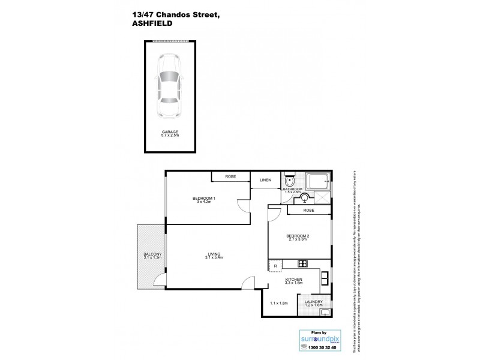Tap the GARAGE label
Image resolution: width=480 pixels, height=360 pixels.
pyautogui.click(x=169, y=131)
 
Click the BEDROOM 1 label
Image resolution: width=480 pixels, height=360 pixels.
pyautogui.click(x=204, y=199)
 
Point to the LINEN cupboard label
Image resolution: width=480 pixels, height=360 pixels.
pyautogui.click(x=265, y=180)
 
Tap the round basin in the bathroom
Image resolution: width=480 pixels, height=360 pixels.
pyautogui.click(x=305, y=196)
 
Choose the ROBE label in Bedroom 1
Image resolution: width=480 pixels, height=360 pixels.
pyautogui.click(x=230, y=177)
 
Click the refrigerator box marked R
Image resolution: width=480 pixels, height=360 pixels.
pyautogui.click(x=275, y=265)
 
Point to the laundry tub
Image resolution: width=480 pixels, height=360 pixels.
pyautogui.click(x=317, y=311)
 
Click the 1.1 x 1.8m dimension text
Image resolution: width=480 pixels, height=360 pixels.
pyautogui.click(x=279, y=304)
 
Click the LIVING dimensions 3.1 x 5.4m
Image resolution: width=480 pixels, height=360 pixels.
pyautogui.click(x=213, y=258)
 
